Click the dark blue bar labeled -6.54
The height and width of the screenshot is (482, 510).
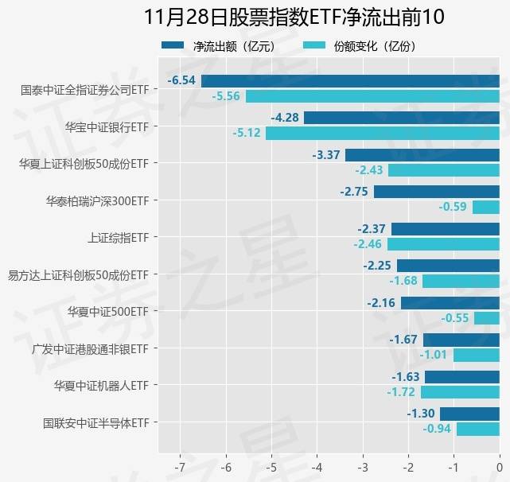coord(350,80)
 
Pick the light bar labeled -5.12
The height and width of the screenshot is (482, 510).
coord(382,133)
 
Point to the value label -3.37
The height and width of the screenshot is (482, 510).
coord(327,154)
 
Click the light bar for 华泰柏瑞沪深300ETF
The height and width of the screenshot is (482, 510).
coord(485,207)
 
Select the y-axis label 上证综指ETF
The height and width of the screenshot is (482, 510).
coord(118,237)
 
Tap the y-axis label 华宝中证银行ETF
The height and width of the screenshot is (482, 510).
coord(107,126)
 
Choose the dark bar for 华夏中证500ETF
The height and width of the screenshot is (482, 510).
coord(450,303)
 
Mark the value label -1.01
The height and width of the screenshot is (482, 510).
coord(434,355)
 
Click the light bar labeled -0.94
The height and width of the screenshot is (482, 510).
coord(477,429)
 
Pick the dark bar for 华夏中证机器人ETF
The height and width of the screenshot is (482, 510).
coord(461,376)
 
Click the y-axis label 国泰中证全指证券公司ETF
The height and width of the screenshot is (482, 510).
coord(85,89)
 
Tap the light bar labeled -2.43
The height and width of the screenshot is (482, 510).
coord(443,169)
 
